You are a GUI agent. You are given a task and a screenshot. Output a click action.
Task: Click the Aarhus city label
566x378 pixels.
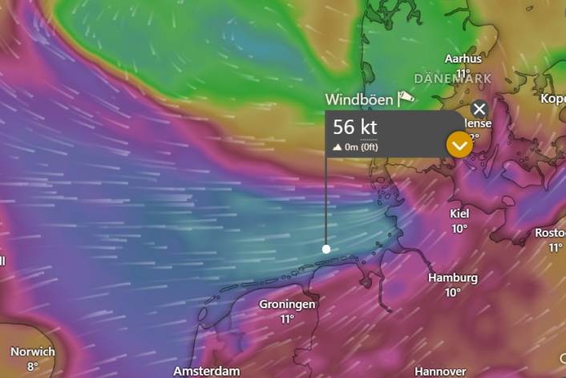click(463, 59)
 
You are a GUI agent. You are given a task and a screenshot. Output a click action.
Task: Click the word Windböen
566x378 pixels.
click(359, 100)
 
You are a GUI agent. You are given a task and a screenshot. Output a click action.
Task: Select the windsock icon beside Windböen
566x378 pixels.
click(406, 98)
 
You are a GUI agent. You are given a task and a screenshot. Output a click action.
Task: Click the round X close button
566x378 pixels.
click(479, 109)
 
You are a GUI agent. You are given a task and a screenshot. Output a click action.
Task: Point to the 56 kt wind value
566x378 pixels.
click(355, 128)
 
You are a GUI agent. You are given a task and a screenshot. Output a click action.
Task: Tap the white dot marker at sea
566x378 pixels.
click(326, 249)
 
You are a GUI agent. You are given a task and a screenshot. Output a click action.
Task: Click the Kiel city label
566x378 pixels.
click(459, 213)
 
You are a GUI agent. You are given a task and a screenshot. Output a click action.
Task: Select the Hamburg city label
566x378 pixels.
click(453, 278)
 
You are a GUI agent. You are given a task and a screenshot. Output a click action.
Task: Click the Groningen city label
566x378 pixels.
click(287, 304)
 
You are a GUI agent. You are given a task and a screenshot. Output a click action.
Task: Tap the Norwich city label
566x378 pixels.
click(33, 352)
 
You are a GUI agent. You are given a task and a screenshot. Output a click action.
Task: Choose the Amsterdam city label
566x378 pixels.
click(207, 371)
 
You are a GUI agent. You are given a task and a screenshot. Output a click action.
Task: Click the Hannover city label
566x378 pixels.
click(440, 372)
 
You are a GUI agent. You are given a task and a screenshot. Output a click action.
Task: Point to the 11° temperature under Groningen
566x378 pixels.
click(287, 319)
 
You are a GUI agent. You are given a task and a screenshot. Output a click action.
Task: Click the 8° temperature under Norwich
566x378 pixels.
click(33, 366)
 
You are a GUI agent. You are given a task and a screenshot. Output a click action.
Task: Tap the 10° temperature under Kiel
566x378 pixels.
click(459, 229)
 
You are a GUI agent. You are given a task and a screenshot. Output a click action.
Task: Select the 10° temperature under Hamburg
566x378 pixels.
click(453, 293)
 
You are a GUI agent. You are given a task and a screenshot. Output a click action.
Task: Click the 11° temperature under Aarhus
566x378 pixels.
click(463, 73)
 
